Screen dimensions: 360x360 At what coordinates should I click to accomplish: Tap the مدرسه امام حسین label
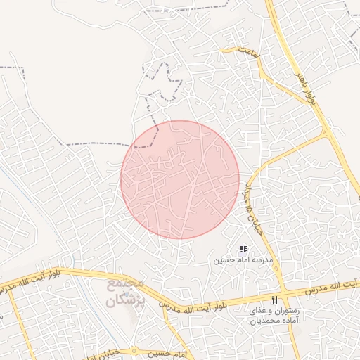[243, 259]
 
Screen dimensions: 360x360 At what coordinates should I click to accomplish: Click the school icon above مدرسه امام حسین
[243, 249]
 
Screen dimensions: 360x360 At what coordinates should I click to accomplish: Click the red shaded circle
[180, 179]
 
